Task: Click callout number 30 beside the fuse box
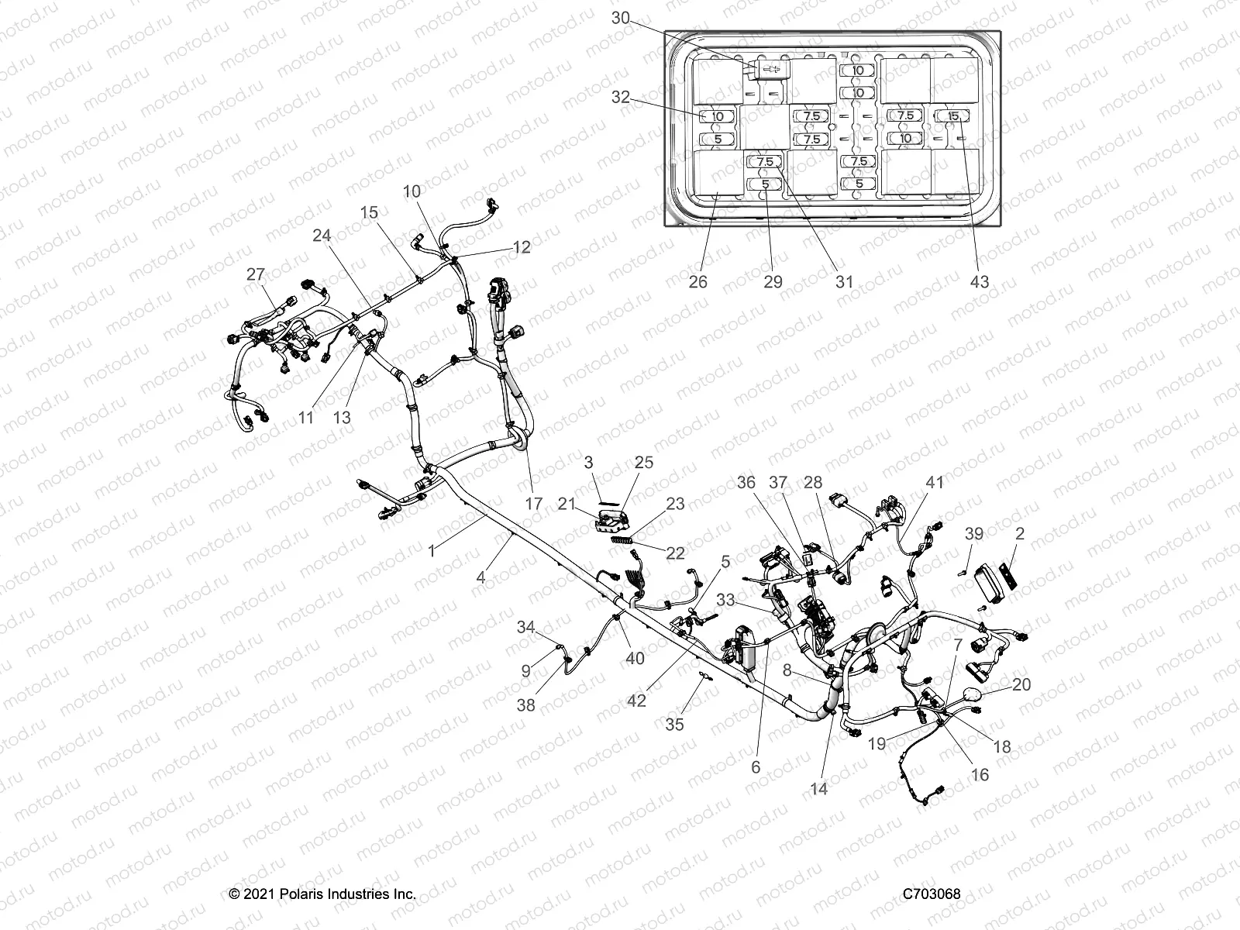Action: coord(621,17)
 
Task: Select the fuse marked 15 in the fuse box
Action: coord(953,115)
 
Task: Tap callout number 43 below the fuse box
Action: coord(980,281)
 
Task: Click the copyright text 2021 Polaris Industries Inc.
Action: coord(323,894)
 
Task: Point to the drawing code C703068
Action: coord(932,894)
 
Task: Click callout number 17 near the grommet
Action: coord(534,504)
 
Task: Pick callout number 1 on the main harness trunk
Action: coord(432,551)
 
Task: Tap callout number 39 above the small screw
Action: coord(974,534)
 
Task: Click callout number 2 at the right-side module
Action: coord(1020,534)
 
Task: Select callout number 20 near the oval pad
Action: coord(1021,684)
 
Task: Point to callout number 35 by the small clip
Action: coord(675,725)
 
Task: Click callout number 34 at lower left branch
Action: coord(526,627)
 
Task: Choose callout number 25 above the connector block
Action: coord(644,463)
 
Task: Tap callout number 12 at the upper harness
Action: coord(522,247)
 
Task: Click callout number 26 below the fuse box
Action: coord(698,281)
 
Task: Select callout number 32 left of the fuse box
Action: coord(621,98)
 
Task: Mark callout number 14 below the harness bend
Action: coord(819,789)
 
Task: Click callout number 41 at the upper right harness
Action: coord(935,482)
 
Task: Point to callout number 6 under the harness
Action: coord(756,767)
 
